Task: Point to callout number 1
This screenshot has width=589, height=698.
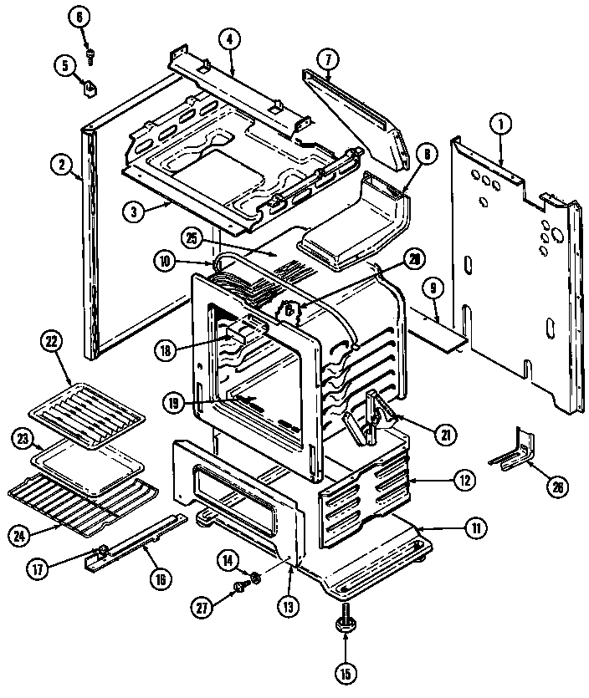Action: pyautogui.click(x=501, y=125)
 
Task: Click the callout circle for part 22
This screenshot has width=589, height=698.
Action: pyautogui.click(x=52, y=342)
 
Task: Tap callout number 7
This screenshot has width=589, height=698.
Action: pyautogui.click(x=328, y=59)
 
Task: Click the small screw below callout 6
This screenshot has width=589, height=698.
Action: pyautogui.click(x=90, y=55)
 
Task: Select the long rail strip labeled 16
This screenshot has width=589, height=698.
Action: pyautogui.click(x=138, y=545)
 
